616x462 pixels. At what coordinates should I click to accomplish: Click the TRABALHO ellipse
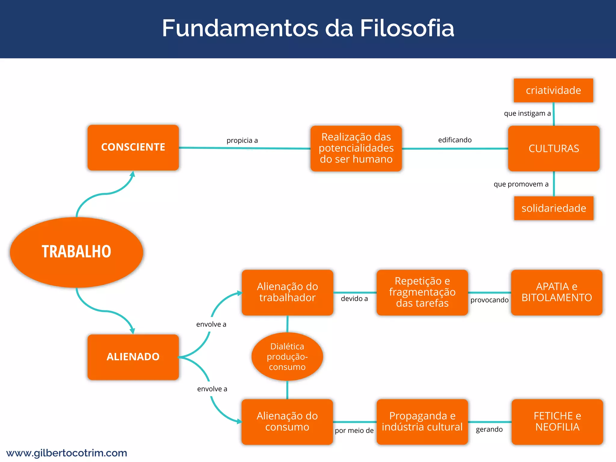pos(76,252)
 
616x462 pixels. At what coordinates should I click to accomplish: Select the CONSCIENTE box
pos(133,147)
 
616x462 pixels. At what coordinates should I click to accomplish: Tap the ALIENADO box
pos(133,357)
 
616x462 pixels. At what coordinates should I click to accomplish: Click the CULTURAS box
pos(554,149)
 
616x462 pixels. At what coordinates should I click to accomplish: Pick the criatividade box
pos(553,90)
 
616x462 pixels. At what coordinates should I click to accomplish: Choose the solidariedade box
pos(554,208)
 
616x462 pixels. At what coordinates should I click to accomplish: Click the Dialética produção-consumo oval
pos(287,357)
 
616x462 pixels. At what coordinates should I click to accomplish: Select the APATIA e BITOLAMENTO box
pos(557,292)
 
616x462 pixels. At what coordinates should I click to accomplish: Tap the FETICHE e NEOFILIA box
pos(557,421)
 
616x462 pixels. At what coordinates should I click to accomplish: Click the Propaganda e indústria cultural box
pos(422,421)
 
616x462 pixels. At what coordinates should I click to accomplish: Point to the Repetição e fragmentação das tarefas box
pos(422,292)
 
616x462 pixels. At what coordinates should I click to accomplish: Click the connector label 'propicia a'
pos(242,140)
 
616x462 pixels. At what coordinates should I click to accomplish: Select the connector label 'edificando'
pos(455,140)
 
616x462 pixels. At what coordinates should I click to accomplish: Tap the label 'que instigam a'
pos(527,113)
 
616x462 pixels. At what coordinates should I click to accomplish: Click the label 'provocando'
pos(489,300)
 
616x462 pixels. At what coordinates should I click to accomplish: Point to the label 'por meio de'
pos(354,430)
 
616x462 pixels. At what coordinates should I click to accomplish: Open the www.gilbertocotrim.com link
pos(67,453)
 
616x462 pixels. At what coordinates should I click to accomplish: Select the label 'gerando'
pos(489,429)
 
